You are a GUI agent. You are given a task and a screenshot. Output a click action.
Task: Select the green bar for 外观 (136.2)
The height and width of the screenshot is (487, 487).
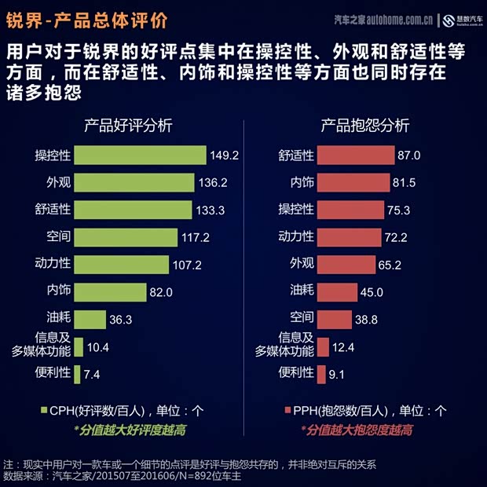click(x=134, y=183)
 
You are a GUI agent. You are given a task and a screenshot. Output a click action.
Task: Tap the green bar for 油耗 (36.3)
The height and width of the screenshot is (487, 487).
click(x=90, y=319)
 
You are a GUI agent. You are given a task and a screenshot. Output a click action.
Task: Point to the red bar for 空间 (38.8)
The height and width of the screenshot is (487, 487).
click(x=335, y=319)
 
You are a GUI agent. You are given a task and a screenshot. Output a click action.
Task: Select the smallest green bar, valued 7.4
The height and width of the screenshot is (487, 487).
click(x=77, y=374)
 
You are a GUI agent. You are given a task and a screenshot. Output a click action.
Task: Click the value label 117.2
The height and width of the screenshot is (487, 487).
click(x=195, y=237)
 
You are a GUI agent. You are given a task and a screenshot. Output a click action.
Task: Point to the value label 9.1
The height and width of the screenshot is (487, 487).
click(x=337, y=375)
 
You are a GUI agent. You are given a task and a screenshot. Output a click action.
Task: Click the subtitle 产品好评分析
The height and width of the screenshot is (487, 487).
click(x=128, y=126)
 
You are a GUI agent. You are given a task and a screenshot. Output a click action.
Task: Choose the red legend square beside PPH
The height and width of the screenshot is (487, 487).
click(x=286, y=410)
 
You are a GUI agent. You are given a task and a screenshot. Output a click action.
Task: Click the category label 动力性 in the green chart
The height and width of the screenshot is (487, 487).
click(x=53, y=264)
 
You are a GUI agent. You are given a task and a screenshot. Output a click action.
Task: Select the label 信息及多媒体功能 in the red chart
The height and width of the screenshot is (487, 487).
click(x=284, y=345)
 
